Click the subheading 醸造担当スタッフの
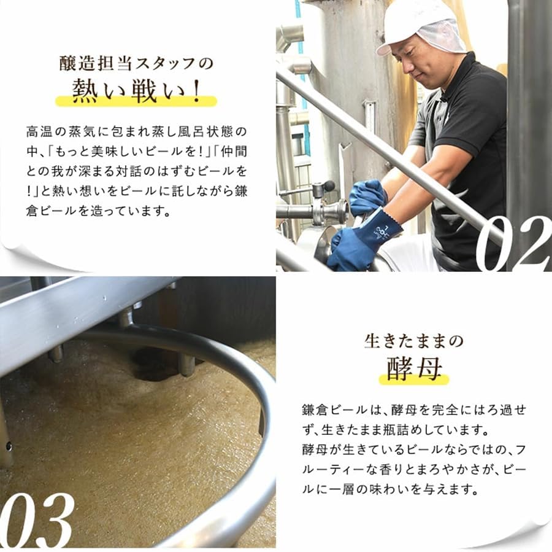136,63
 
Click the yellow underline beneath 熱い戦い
136,102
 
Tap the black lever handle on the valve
329,185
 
